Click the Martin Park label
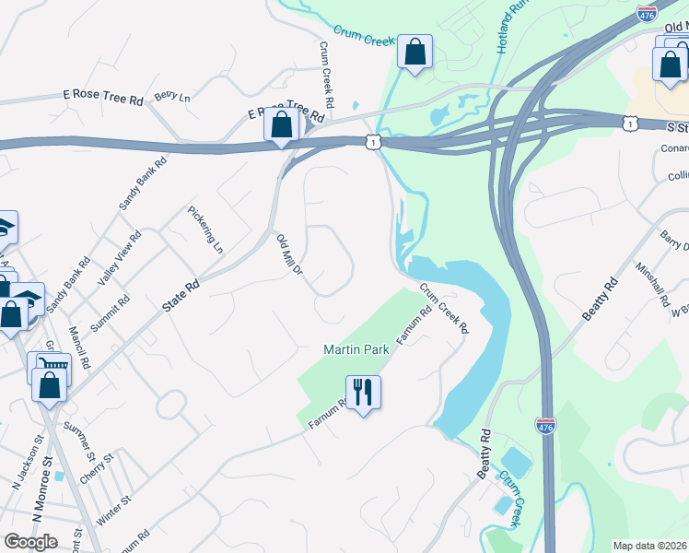coord(354,349)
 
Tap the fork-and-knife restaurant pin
coord(363,393)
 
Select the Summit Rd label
coord(112,314)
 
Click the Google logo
coord(30,541)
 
